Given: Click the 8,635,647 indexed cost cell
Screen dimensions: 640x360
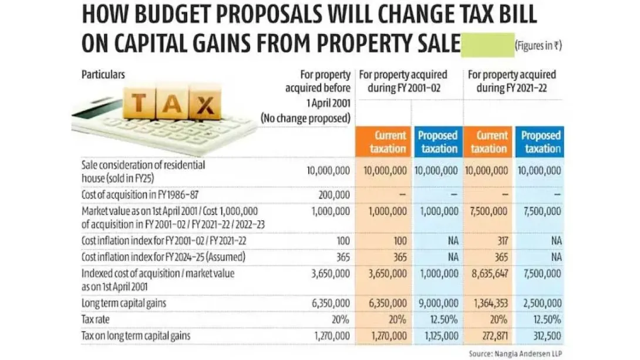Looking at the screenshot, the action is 490,274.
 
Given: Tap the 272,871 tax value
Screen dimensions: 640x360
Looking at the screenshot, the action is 495,336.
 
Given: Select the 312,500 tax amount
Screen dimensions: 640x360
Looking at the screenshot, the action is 547,336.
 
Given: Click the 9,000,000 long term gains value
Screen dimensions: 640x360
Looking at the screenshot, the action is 439,303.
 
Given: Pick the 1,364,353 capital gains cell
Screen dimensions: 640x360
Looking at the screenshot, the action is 491,303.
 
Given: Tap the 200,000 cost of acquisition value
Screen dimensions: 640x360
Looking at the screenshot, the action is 334,195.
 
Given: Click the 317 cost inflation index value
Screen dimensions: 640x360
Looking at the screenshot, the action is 503,241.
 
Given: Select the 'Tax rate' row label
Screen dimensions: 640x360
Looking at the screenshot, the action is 96,319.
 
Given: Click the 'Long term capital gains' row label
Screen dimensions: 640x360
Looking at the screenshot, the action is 124,303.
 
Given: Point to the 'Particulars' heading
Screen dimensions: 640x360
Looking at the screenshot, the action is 103,75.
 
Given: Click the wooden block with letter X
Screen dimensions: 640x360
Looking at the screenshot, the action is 205,102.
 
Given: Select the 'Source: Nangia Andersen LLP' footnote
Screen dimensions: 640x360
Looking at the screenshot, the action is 515,354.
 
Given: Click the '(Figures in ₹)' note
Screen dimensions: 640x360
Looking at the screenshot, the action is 538,45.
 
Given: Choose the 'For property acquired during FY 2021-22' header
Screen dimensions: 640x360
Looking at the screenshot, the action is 512,81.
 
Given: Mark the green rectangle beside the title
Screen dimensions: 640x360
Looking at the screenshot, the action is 488,45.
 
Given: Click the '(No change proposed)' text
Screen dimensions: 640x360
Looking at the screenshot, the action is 306,119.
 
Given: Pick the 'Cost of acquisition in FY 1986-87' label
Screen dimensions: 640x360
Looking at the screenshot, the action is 140,195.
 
